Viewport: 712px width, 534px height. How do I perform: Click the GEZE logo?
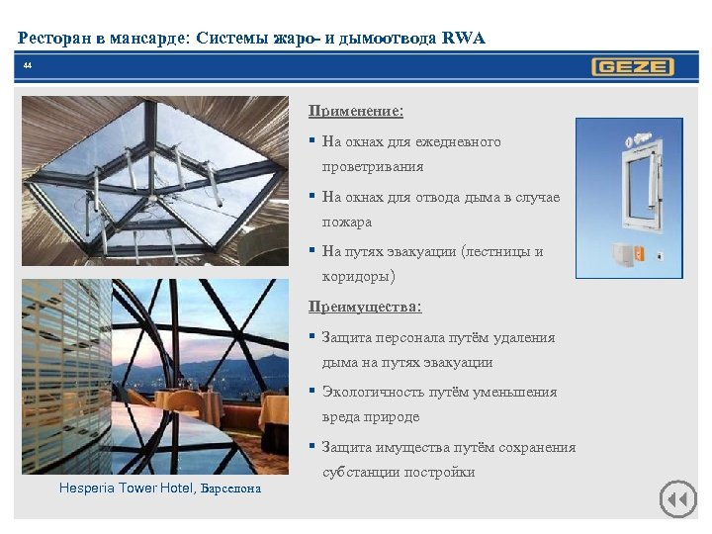(x=633, y=67)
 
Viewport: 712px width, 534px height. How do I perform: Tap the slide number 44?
(x=27, y=66)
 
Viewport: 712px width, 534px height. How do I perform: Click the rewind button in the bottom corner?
(x=677, y=498)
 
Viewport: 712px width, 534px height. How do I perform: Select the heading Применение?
(x=356, y=111)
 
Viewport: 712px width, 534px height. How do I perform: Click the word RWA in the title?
(x=464, y=39)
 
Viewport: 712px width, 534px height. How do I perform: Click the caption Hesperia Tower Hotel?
(x=127, y=488)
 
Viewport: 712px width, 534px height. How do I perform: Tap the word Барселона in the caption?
(x=231, y=489)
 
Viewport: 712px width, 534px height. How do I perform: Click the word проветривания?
(x=372, y=167)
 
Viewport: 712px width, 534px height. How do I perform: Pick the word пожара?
(x=347, y=222)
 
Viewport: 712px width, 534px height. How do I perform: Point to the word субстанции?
(x=360, y=472)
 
